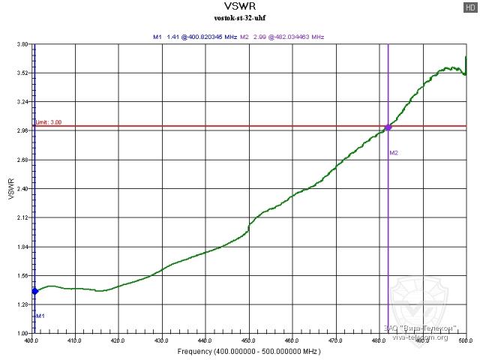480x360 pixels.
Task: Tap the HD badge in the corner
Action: pos(469,6)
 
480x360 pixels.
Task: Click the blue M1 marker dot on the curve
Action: pos(34,291)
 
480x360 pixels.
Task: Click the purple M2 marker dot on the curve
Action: pos(388,127)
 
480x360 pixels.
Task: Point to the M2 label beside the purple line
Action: pos(394,153)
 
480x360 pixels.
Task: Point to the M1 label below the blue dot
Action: pos(41,316)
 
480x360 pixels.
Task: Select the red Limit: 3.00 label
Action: pos(48,122)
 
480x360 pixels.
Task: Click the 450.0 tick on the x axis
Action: pos(248,341)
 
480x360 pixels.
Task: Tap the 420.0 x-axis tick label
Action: pos(118,341)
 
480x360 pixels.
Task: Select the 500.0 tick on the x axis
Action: pos(465,341)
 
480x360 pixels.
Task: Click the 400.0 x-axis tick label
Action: pos(31,341)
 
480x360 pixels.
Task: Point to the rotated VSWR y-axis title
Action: pos(10,189)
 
